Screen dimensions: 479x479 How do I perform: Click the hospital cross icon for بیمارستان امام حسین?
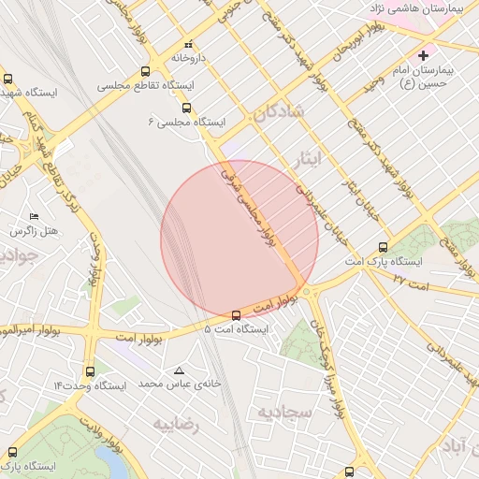pos(423,55)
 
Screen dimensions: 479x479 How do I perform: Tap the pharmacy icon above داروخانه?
pos(188,44)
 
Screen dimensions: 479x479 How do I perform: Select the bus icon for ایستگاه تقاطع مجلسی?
pos(145,71)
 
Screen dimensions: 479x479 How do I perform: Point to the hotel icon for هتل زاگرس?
pos(35,216)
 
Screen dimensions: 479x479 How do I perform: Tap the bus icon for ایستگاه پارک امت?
pos(383,247)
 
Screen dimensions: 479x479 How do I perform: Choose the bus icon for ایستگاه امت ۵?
pos(236,315)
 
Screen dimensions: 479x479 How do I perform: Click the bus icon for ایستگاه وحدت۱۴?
pos(90,371)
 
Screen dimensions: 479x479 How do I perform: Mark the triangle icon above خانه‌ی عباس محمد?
pos(178,370)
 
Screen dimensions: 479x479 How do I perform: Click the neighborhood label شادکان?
pos(278,114)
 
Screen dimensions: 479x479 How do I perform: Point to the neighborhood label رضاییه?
pos(178,426)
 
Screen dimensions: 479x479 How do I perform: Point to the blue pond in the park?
pos(113,461)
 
